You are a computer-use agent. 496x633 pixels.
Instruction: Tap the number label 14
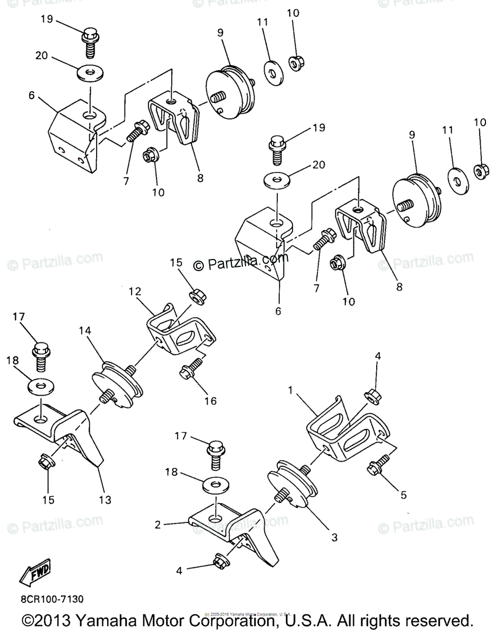pos(86,331)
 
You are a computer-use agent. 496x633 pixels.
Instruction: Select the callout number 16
pos(210,401)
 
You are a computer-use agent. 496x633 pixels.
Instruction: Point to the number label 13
pos(105,500)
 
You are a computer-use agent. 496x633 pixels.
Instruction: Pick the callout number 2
pos(158,525)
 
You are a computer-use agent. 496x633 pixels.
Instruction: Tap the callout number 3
pos(334,538)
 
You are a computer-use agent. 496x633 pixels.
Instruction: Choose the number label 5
pos(404,495)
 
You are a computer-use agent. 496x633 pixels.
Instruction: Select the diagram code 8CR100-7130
pos(52,600)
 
